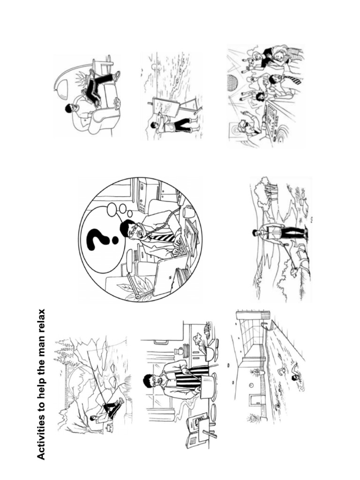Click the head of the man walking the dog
(x=256, y=232)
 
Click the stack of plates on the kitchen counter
(x=185, y=350)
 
